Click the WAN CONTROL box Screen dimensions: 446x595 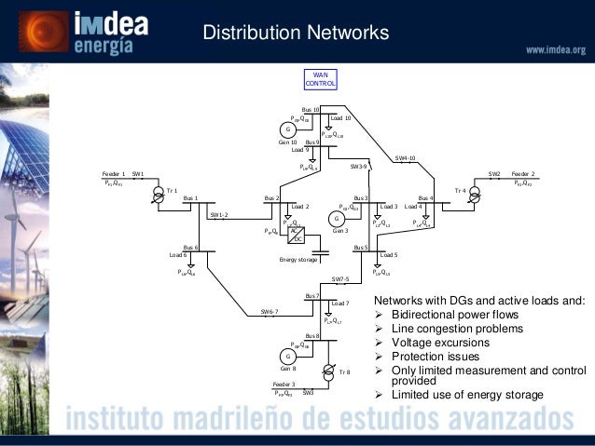(321, 79)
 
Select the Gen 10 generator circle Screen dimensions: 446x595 (288, 128)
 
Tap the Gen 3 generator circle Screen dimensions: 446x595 (336, 218)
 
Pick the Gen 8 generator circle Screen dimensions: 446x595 (288, 357)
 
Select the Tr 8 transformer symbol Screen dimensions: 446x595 (327, 372)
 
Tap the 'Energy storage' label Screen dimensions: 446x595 (298, 260)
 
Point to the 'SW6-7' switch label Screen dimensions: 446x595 (269, 311)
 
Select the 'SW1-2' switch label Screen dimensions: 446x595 (219, 214)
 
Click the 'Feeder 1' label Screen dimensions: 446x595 (113, 174)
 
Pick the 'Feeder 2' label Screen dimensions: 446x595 (522, 174)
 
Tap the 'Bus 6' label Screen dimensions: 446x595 (190, 248)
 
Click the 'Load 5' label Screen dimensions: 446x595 (390, 254)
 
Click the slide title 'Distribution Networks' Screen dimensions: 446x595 (296, 34)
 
